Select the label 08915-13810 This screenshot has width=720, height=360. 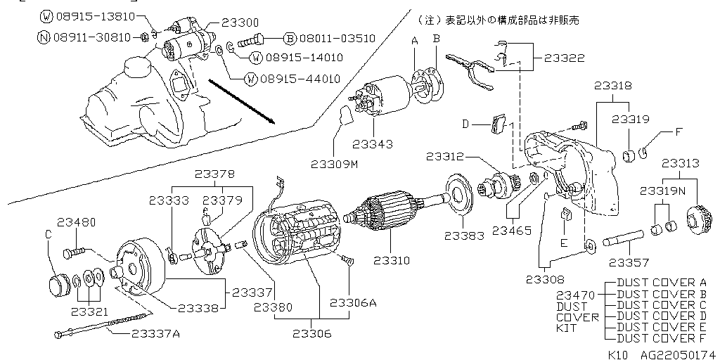click(x=91, y=15)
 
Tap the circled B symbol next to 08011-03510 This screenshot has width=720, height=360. click(x=289, y=38)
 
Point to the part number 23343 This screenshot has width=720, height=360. click(x=373, y=143)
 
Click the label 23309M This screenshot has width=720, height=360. click(x=335, y=164)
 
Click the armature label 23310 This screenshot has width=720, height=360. click(x=409, y=260)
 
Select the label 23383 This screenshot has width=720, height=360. click(x=464, y=232)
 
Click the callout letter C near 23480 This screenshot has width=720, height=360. click(x=49, y=233)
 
